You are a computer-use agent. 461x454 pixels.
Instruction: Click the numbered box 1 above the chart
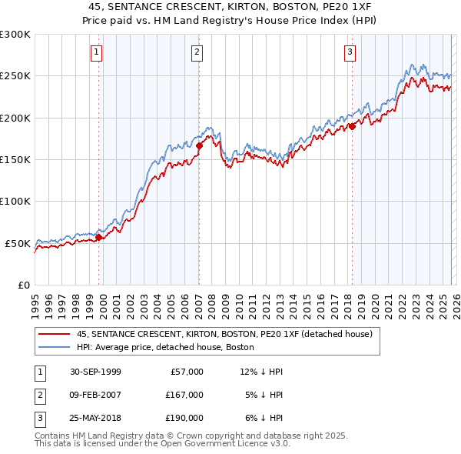tap(97, 52)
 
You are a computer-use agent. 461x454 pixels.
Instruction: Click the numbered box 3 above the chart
tap(350, 52)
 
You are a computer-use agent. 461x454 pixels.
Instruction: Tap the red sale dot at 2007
tap(199, 145)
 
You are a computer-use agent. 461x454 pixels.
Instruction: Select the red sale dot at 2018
tap(352, 126)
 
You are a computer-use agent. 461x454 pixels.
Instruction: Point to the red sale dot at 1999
tap(99, 237)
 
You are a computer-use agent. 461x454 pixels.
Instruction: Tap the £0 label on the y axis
tap(22, 285)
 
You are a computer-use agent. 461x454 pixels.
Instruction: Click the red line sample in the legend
tap(55, 334)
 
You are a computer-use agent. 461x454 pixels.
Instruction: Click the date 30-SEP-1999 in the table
tap(95, 372)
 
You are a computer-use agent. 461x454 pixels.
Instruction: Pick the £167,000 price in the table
tap(184, 395)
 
